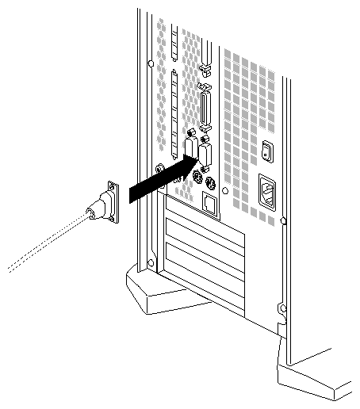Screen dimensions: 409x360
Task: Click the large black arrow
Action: [x=159, y=180]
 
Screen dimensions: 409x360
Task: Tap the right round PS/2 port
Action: [x=209, y=185]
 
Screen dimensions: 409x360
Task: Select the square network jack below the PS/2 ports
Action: [x=210, y=205]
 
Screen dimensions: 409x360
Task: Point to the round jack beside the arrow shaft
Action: [x=161, y=169]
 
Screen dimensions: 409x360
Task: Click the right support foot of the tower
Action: [x=317, y=373]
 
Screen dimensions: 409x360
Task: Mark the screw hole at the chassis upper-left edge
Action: [x=148, y=63]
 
